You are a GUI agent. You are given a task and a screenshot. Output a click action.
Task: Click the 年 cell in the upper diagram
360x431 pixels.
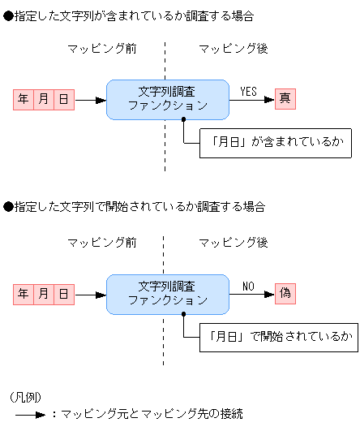pos(24,100)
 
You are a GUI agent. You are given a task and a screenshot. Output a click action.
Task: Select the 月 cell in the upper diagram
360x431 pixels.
pos(44,100)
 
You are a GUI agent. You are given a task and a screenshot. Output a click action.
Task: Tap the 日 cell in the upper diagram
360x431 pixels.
pos(64,100)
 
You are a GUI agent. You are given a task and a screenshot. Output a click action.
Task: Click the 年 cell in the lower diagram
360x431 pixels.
pos(24,294)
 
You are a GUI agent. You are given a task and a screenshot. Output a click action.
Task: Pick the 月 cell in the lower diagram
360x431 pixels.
pos(44,294)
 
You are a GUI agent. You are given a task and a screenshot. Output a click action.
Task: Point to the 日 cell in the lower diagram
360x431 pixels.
pos(64,294)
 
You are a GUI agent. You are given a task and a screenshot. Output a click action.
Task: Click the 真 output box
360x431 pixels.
pos(285,99)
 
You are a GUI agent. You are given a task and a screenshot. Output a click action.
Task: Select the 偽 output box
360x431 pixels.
pos(285,293)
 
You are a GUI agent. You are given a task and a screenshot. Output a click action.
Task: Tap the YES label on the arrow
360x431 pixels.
pos(248,92)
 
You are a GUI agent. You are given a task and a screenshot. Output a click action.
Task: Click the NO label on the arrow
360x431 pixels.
pos(248,286)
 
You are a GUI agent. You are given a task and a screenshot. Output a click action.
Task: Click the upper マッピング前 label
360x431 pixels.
pos(101,49)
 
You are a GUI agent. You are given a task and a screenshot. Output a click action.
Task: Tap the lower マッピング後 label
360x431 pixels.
pos(234,243)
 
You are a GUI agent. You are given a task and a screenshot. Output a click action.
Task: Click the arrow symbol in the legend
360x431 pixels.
pos(29,414)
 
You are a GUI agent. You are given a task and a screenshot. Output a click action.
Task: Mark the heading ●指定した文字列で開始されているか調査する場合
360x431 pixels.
pos(134,208)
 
